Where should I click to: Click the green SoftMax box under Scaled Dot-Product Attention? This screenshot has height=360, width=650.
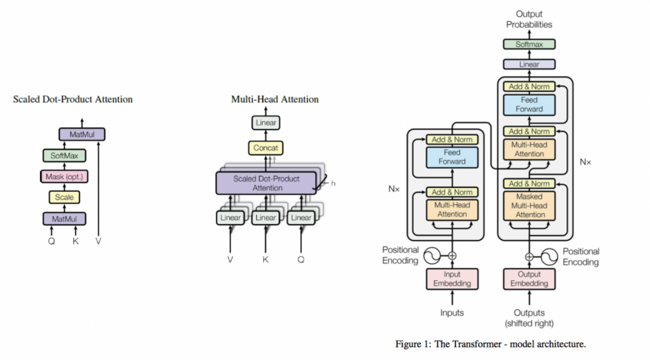coord(63,155)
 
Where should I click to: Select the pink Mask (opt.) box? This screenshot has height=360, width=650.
coord(63,176)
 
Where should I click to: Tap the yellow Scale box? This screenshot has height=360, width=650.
coord(63,197)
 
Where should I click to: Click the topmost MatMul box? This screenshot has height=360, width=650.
coord(82,134)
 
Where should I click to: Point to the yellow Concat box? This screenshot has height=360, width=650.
coord(266,149)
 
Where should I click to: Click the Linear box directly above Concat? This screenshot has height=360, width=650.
coord(266,123)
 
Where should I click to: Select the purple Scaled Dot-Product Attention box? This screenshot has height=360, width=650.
coord(266,183)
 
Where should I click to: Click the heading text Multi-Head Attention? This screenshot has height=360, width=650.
coord(275,100)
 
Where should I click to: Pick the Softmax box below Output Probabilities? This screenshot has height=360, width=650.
coord(529,44)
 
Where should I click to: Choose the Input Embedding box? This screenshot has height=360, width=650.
coord(452,279)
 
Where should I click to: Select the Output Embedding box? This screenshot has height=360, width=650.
coord(529,279)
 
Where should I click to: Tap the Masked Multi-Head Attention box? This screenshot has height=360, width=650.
coord(529,206)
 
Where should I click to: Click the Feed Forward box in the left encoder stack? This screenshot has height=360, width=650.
coord(452,157)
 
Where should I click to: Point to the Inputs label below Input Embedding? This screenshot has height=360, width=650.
coord(452,312)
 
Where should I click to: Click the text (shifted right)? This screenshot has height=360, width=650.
coord(529,323)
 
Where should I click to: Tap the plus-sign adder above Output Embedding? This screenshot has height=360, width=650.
coord(529,257)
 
